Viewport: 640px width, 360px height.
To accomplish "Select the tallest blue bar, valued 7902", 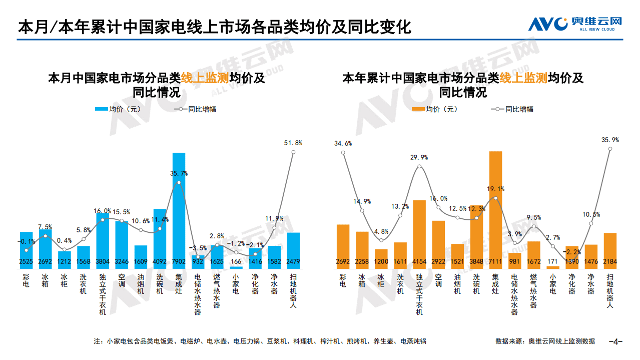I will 179,210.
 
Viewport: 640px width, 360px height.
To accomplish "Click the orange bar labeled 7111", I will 495,210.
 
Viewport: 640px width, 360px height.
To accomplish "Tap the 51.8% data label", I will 293,143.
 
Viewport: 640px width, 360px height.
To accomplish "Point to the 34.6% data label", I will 343,143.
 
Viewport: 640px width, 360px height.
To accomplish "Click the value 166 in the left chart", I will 236,261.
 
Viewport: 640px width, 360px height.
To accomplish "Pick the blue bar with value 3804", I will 103,240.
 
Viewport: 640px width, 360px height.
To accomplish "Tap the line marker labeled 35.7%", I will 179,183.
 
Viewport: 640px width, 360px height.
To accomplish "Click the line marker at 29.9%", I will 419,166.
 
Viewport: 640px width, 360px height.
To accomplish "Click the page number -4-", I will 615,341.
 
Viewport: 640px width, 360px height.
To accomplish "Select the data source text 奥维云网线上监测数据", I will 561,341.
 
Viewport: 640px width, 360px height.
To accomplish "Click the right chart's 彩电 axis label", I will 343,280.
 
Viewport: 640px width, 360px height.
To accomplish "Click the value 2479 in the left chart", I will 293,261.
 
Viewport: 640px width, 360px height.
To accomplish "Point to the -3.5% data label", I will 198,248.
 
